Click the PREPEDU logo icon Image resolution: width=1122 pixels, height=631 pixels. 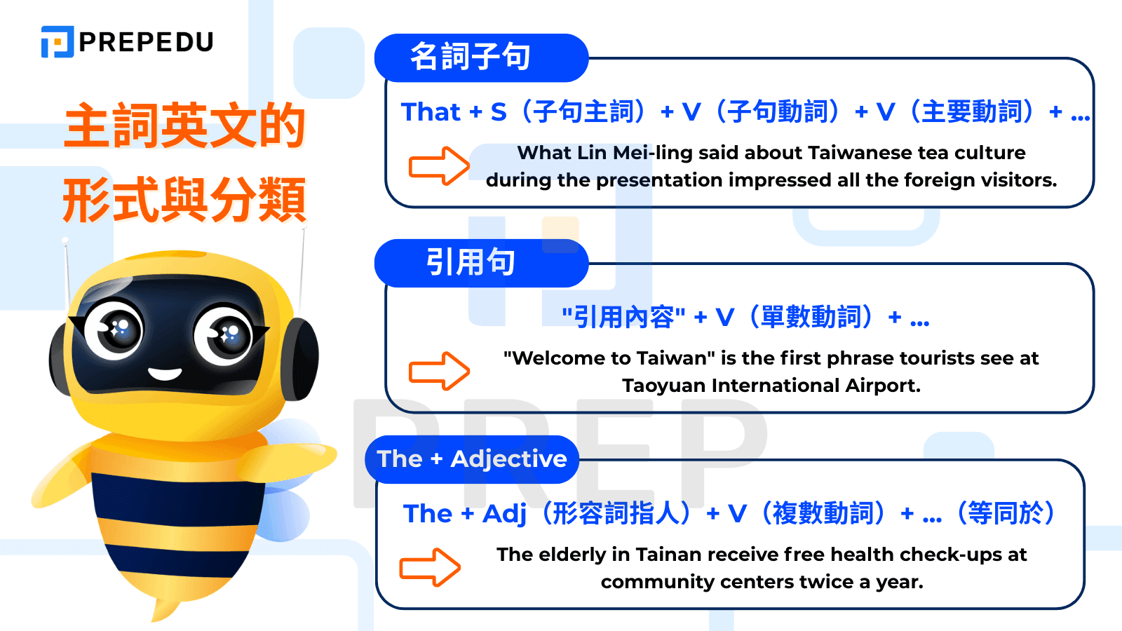point(58,42)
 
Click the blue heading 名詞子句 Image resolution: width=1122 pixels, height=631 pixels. point(471,57)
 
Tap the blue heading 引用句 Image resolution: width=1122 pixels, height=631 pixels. point(471,262)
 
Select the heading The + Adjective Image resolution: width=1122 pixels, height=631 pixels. point(471,459)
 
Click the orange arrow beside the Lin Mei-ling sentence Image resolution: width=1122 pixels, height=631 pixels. point(439,166)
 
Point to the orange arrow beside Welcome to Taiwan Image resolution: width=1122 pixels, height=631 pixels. point(439,371)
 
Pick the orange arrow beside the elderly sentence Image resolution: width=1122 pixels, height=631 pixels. point(430,567)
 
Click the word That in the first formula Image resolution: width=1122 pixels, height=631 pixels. point(431,112)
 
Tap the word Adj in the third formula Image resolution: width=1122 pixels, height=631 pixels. point(504,514)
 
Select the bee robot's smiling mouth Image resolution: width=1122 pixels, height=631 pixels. point(165,373)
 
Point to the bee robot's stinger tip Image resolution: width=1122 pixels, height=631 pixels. point(156,617)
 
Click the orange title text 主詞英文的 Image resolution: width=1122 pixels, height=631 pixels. point(184,126)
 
